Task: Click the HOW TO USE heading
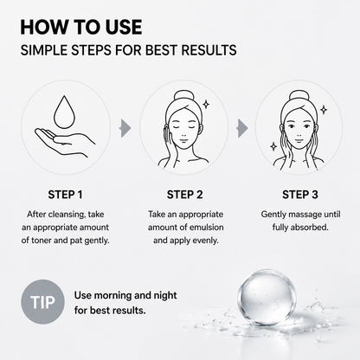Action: click(x=81, y=27)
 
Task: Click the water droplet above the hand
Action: click(x=65, y=112)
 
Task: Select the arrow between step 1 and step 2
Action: click(x=125, y=128)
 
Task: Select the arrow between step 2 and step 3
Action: click(x=242, y=128)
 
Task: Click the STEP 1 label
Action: click(x=65, y=195)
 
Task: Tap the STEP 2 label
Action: click(x=184, y=195)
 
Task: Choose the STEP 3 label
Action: click(x=300, y=195)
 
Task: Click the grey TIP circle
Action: click(x=42, y=302)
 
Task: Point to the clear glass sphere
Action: click(x=267, y=298)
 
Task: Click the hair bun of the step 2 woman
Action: click(x=183, y=97)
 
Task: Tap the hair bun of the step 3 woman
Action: click(x=299, y=97)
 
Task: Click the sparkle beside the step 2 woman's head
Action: click(x=206, y=104)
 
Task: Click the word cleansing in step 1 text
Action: click(x=67, y=215)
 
